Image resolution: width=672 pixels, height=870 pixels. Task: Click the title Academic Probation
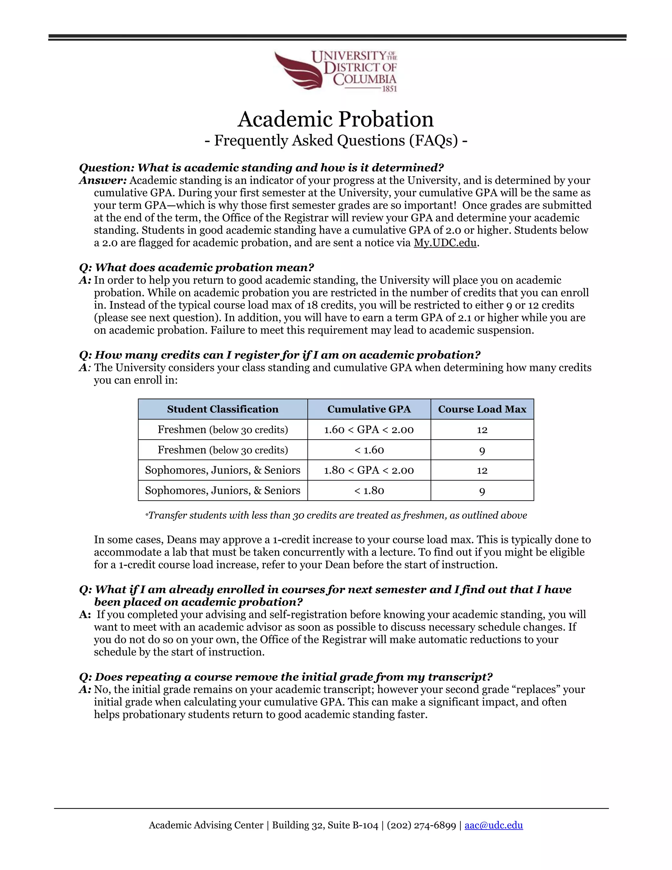point(336,119)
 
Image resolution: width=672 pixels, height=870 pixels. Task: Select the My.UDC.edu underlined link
point(445,243)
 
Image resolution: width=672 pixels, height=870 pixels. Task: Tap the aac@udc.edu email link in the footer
point(493,825)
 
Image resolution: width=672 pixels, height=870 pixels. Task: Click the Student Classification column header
point(222,409)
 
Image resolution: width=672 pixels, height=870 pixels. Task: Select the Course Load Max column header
point(482,409)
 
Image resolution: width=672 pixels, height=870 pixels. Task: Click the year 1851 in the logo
point(389,89)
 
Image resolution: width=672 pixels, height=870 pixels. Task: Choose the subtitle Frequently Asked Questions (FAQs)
point(336,140)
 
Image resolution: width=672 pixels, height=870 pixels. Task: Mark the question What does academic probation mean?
point(197,267)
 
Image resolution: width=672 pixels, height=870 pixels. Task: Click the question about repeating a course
point(286,677)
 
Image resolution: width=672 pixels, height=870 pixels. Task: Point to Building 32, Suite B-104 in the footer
point(325,825)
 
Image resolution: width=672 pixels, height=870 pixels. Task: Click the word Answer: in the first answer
point(103,181)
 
